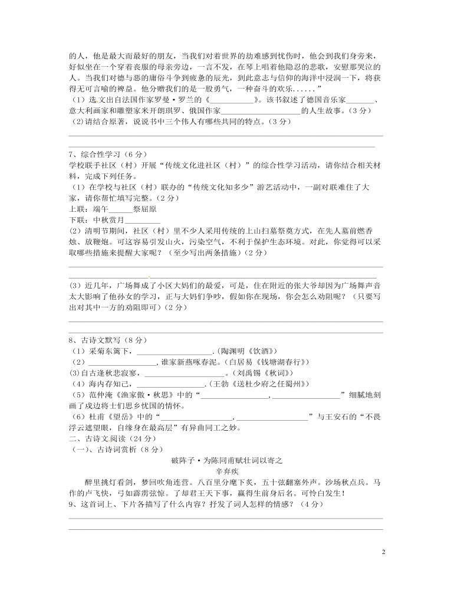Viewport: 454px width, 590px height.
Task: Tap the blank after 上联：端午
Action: coord(121,209)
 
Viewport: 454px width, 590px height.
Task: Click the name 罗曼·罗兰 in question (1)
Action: coord(179,99)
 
